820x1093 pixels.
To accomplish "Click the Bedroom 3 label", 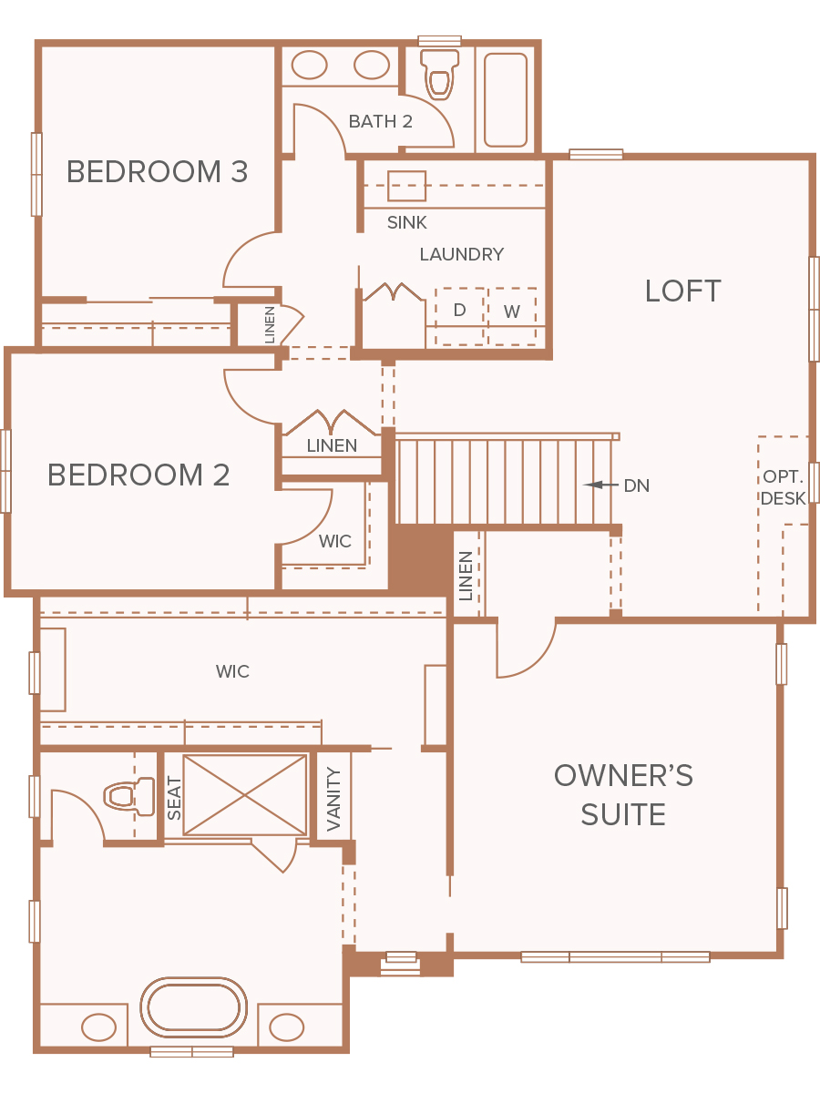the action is click(x=157, y=172).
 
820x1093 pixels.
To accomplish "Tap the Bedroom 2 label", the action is click(x=138, y=475).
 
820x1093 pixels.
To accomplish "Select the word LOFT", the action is click(x=682, y=291).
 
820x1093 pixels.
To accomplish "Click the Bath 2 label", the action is click(x=380, y=121).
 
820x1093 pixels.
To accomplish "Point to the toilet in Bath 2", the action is click(x=439, y=73).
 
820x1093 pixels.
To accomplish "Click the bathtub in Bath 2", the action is click(x=506, y=100).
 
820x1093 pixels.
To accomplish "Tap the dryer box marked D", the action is click(x=459, y=316).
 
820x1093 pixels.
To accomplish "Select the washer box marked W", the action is click(x=512, y=316).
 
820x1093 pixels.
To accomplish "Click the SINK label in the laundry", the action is click(x=406, y=222).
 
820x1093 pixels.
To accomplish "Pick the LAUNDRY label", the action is click(x=462, y=254).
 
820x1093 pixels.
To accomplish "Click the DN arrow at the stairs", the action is click(x=600, y=485).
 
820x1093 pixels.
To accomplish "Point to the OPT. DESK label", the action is click(x=784, y=487).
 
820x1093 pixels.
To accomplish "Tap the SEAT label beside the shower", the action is click(x=174, y=798).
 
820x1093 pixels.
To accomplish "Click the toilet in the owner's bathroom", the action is click(x=129, y=796).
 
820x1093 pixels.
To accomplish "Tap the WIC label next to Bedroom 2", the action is click(x=335, y=541).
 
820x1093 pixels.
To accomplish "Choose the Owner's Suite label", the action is click(x=623, y=794).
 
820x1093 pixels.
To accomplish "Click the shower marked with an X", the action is click(x=245, y=795).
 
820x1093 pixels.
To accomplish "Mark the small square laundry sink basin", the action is click(x=406, y=186).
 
